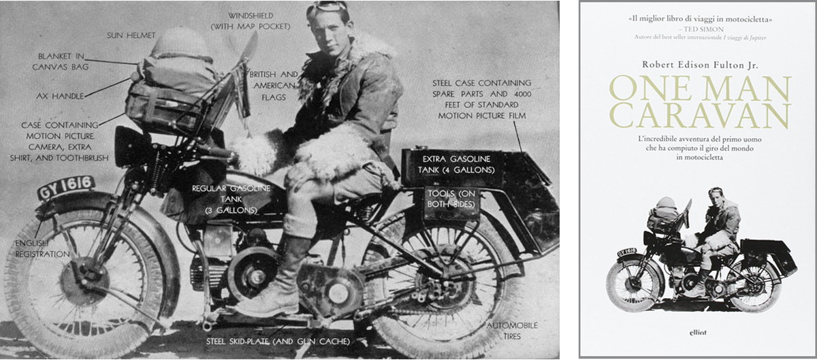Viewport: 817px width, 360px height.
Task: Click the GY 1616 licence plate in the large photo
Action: pyautogui.click(x=66, y=187)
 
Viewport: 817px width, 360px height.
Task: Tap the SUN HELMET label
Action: pyautogui.click(x=131, y=35)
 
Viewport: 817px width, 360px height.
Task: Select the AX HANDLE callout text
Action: pyautogui.click(x=60, y=96)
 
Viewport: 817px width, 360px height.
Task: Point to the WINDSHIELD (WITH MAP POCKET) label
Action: pyautogui.click(x=251, y=21)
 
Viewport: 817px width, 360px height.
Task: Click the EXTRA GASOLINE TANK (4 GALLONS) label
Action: pyautogui.click(x=456, y=165)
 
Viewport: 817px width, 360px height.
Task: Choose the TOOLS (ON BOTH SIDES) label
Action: pyautogui.click(x=451, y=199)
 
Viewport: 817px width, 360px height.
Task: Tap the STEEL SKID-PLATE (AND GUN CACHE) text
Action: pyautogui.click(x=278, y=342)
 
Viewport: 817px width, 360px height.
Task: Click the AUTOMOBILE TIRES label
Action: pyautogui.click(x=512, y=331)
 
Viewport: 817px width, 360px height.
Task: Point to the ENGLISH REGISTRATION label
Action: pyautogui.click(x=42, y=249)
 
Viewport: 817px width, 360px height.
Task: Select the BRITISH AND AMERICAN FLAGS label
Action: pyautogui.click(x=274, y=86)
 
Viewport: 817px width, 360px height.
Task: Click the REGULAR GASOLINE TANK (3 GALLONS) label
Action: pyautogui.click(x=231, y=199)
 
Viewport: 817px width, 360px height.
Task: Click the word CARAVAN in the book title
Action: pyautogui.click(x=701, y=115)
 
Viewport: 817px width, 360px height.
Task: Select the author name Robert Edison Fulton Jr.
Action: pyautogui.click(x=701, y=65)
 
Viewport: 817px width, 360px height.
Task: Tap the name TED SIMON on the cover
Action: pyautogui.click(x=703, y=29)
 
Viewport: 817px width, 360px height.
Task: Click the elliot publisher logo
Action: pyautogui.click(x=698, y=332)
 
